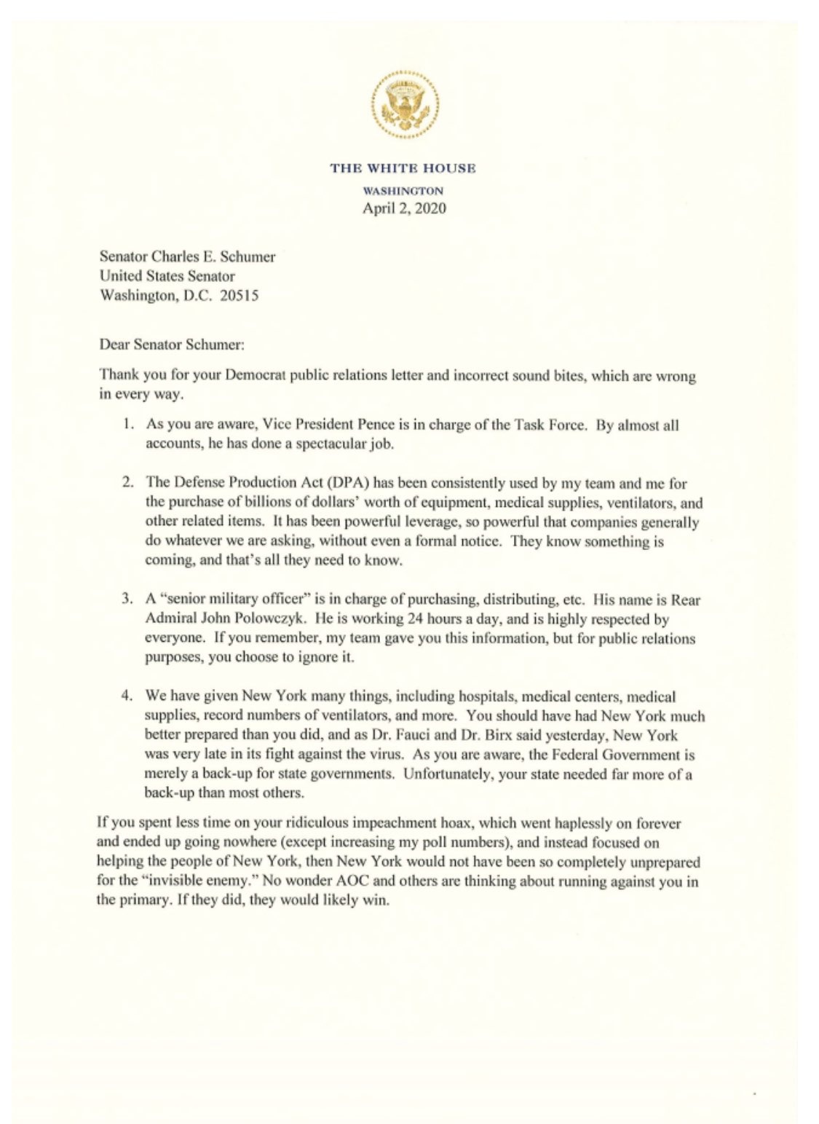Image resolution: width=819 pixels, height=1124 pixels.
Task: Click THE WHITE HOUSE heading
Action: tap(403, 168)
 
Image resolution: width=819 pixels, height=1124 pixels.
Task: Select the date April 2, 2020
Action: tap(404, 208)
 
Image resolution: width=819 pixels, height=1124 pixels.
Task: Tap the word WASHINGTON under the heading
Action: tap(403, 190)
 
